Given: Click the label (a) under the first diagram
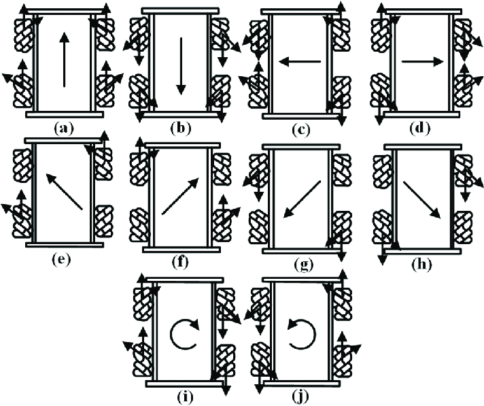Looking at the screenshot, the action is (x=65, y=126).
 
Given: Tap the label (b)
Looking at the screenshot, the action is (x=181, y=126).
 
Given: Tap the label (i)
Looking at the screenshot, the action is (x=184, y=395).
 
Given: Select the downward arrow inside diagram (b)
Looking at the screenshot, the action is (x=181, y=66).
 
